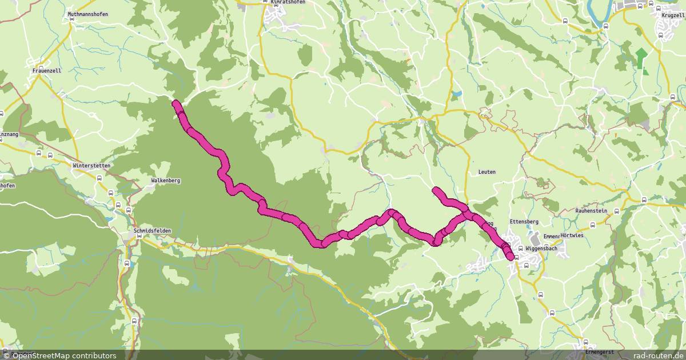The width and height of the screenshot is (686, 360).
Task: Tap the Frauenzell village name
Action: (47, 71)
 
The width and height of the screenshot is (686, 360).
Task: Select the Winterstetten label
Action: (91, 166)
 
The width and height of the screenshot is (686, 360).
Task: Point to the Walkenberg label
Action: (166, 181)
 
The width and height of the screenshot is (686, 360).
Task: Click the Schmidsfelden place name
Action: (152, 231)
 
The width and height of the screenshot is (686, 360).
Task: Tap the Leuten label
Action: (487, 172)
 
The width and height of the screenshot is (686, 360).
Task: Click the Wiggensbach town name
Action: (541, 249)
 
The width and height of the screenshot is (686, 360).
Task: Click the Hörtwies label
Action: (572, 235)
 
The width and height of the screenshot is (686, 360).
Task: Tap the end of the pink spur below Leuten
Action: (436, 190)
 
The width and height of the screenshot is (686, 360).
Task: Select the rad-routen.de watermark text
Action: (661, 355)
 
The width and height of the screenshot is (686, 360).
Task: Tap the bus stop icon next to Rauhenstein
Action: (616, 211)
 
